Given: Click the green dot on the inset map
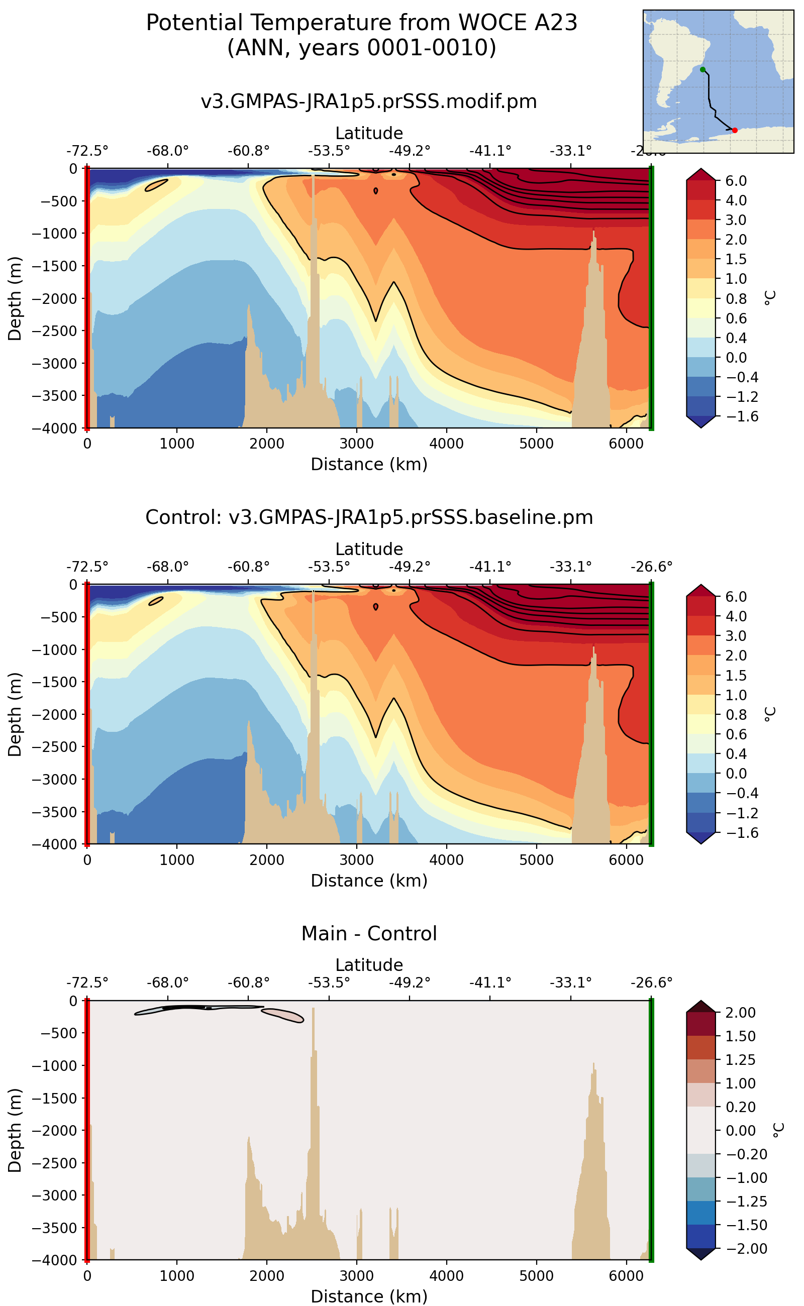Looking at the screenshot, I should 702,70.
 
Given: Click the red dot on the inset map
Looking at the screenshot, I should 735,130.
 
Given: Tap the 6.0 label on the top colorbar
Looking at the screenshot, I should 736,181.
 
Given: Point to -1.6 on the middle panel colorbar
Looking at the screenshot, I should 736,832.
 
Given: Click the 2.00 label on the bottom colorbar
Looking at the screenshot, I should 740,1013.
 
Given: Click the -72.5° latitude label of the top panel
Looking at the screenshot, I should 87,151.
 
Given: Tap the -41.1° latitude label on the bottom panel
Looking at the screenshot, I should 490,983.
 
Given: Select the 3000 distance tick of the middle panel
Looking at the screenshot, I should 357,860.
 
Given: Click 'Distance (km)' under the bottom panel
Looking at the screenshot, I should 369,1296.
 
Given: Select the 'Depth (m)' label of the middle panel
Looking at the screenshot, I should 15,714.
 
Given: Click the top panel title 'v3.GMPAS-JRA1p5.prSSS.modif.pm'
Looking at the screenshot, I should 369,101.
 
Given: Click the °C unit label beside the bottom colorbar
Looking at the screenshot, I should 778,1131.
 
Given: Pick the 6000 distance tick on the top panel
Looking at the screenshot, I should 626,444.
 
